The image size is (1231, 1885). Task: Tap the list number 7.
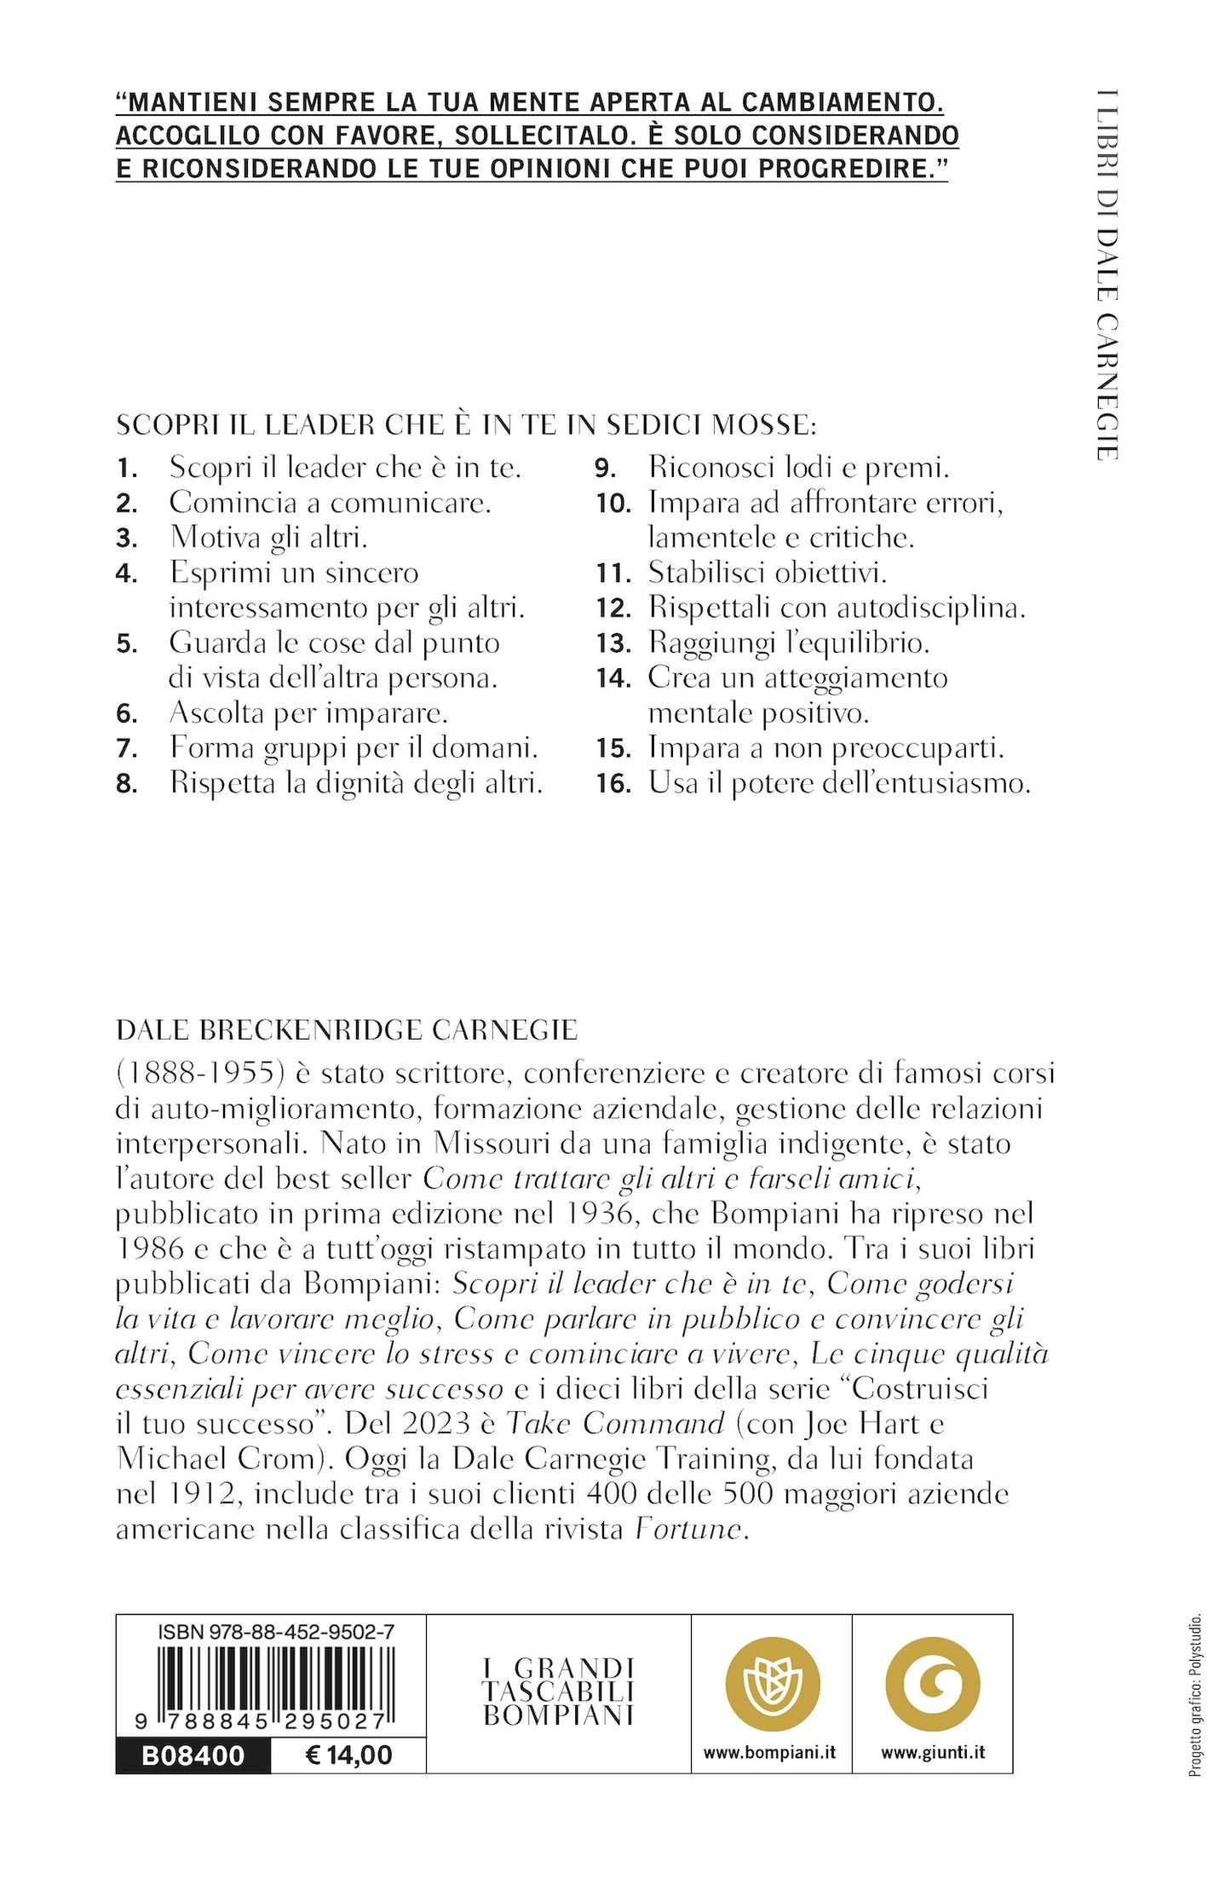127,749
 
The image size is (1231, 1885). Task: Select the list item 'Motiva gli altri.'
268,538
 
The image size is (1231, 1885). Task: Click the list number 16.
613,784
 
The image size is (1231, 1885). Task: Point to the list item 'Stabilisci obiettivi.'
768,573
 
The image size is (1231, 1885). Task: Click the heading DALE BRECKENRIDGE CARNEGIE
347,1030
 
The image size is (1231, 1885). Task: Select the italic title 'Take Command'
615,1424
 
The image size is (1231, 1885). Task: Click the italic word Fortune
688,1530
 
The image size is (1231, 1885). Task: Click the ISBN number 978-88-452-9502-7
276,1632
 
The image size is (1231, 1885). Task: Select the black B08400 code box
193,1755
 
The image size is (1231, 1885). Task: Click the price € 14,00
348,1755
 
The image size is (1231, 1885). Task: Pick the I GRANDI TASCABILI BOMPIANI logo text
558,1692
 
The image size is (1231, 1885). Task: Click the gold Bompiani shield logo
772,1685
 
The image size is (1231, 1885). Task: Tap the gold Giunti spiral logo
933,1685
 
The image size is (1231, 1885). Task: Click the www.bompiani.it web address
770,1752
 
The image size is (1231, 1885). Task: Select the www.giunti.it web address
933,1752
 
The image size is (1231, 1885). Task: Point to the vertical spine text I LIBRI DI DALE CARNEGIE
1107,274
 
